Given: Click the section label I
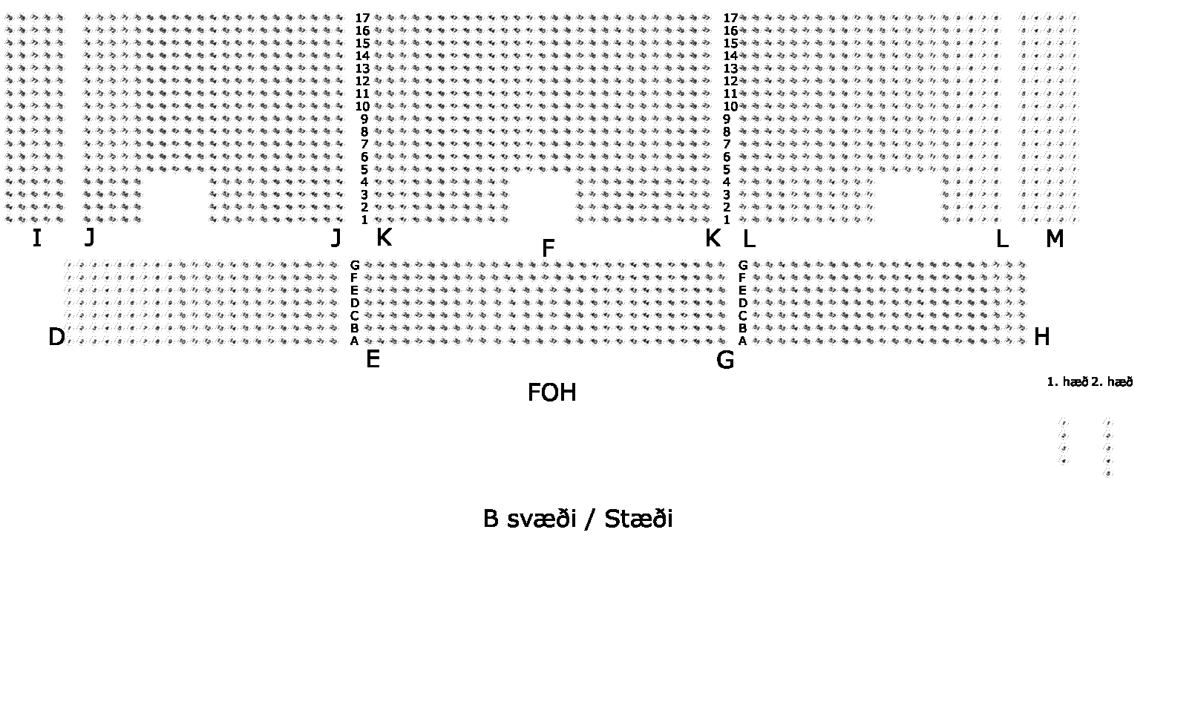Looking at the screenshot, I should (36, 239).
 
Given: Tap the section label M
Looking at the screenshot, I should (1055, 239).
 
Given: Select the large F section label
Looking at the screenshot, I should (549, 249).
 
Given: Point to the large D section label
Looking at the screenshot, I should (56, 338).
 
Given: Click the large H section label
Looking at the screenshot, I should (1042, 338).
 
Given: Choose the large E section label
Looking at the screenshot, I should (373, 360).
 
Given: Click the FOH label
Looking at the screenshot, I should (551, 393).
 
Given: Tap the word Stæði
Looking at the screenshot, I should (638, 519).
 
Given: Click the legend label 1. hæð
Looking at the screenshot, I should (1067, 382).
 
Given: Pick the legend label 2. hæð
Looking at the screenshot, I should (1113, 382).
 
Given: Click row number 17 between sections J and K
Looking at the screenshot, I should (362, 18).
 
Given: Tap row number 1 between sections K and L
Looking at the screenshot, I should (727, 220).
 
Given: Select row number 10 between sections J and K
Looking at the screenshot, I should (362, 106).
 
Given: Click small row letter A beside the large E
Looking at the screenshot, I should (355, 341).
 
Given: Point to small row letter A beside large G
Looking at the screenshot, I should (742, 341).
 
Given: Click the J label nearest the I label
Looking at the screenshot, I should (89, 237).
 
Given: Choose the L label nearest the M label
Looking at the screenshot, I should (1001, 239).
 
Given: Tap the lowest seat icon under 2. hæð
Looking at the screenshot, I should (1108, 473).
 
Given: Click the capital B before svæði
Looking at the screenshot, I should (491, 519).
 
